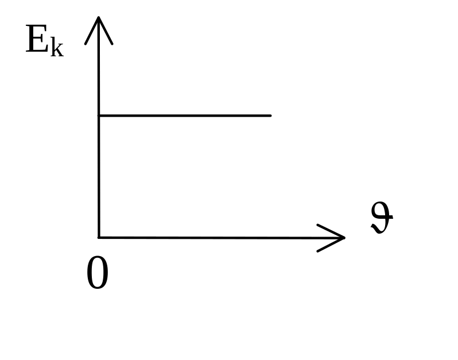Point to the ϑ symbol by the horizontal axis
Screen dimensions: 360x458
point(382,219)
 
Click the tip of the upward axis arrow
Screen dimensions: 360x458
point(99,17)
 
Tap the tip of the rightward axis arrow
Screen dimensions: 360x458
point(344,237)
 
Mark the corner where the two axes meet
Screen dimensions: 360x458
point(99,237)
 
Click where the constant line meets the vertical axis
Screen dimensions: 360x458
point(99,115)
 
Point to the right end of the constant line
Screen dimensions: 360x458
point(270,115)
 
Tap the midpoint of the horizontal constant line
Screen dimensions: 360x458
point(185,115)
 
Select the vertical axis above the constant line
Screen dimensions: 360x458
point(99,75)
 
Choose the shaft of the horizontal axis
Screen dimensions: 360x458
point(218,237)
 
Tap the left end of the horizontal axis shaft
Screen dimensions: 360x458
point(101,237)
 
